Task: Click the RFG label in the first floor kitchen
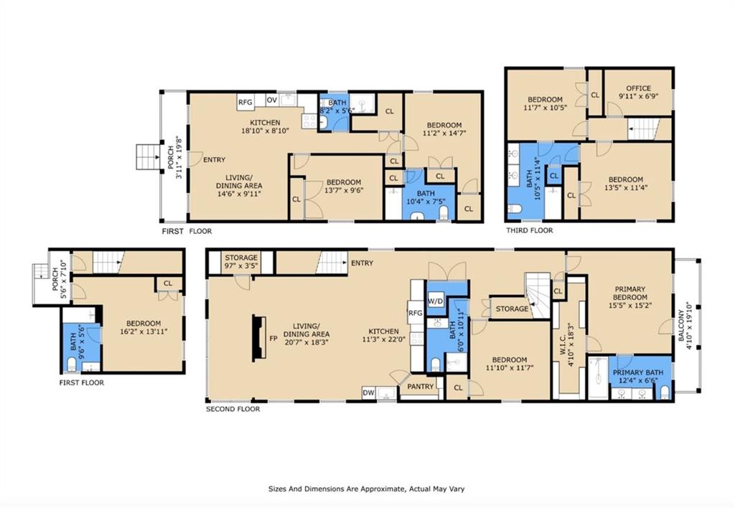[x=245, y=102]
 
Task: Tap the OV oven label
[x=272, y=99]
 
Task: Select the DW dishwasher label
[x=368, y=392]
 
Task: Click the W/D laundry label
[x=436, y=301]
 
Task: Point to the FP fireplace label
[x=273, y=339]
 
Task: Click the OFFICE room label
[x=638, y=88]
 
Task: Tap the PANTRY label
[x=421, y=387]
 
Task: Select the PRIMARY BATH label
[x=638, y=372]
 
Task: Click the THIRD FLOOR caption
[x=529, y=230]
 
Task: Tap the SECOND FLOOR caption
[x=233, y=409]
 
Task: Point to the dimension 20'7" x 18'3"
[x=306, y=342]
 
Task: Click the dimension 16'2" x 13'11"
[x=144, y=331]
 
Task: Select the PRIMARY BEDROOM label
[x=630, y=293]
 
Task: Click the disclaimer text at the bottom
[x=367, y=489]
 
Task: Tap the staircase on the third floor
[x=644, y=129]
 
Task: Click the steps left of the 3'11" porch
[x=148, y=156]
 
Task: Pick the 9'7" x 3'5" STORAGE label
[x=241, y=261]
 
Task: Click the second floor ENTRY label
[x=362, y=263]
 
